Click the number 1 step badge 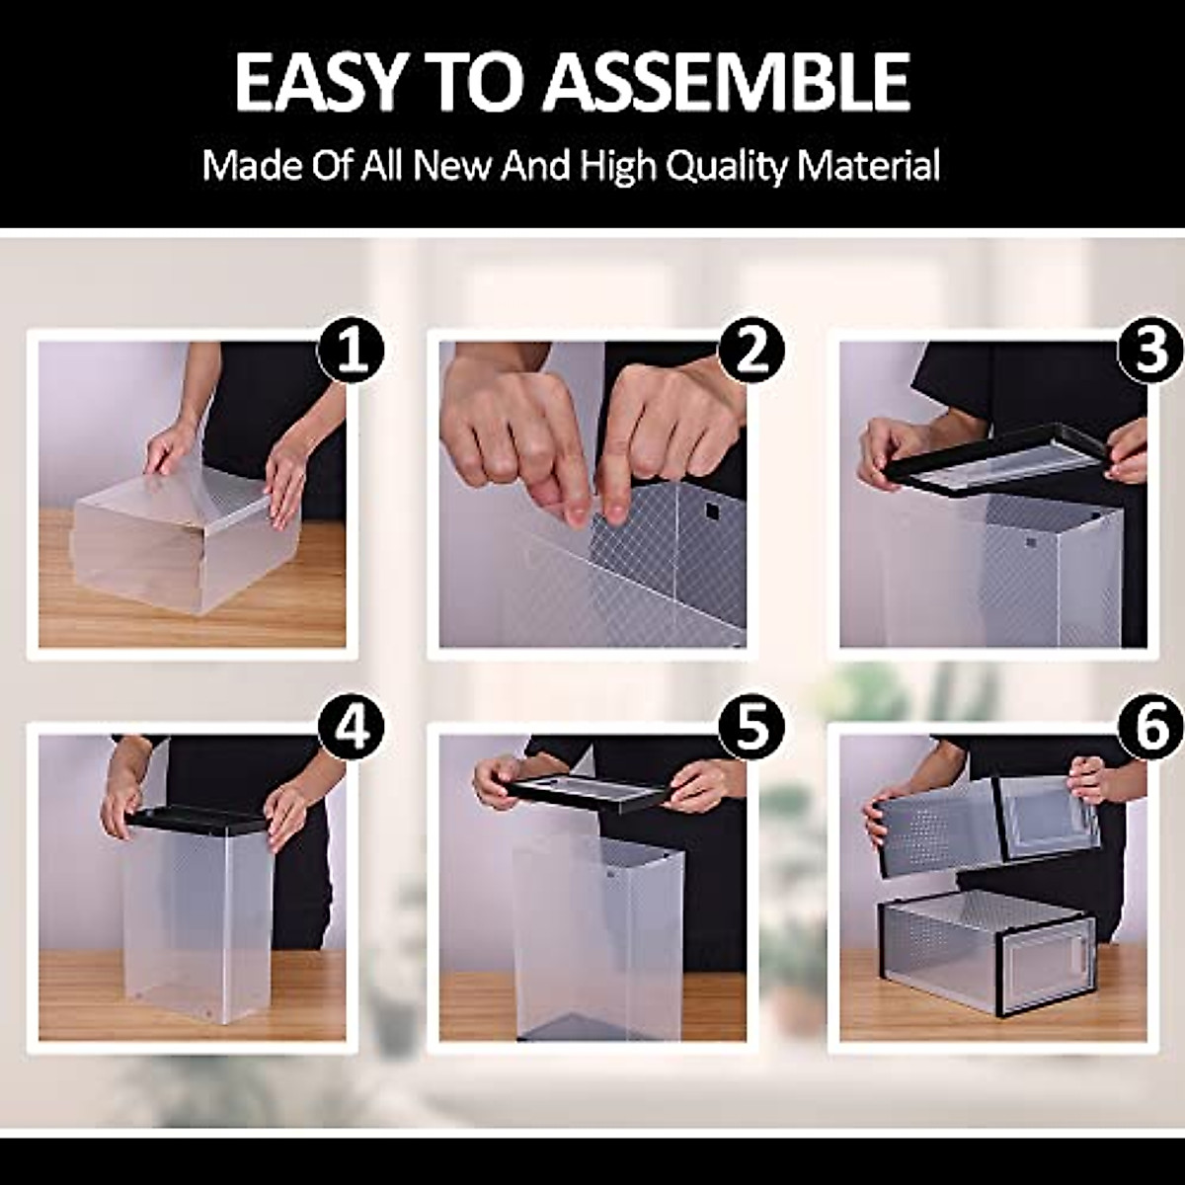point(351,350)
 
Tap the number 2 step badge point(751,350)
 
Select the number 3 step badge point(1151,350)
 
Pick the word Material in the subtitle point(868,164)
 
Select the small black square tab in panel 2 point(712,510)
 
